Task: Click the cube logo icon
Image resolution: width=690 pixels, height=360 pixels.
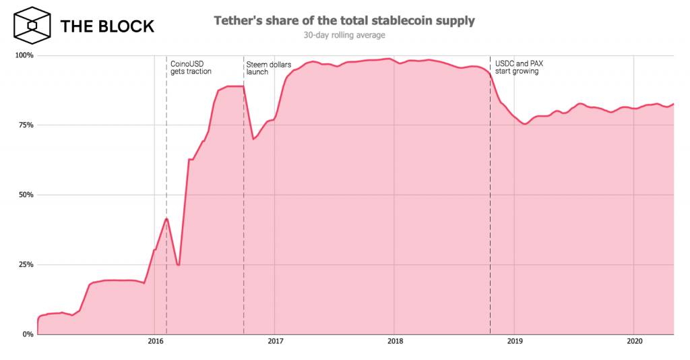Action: pyautogui.click(x=31, y=26)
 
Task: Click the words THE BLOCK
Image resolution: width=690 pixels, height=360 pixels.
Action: pyautogui.click(x=107, y=26)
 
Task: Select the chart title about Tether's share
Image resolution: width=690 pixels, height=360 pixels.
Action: pyautogui.click(x=344, y=20)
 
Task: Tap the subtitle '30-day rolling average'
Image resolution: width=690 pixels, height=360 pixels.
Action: pyautogui.click(x=344, y=34)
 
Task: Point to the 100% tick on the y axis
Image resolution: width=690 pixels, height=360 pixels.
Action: pyautogui.click(x=25, y=55)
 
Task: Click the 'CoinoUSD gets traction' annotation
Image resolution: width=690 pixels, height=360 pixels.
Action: pyautogui.click(x=191, y=67)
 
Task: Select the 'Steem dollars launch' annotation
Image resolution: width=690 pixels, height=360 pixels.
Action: pyautogui.click(x=268, y=67)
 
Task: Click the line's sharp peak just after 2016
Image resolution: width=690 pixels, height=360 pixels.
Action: pyautogui.click(x=166, y=218)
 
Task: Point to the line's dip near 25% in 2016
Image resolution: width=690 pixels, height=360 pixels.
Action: pyautogui.click(x=178, y=265)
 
